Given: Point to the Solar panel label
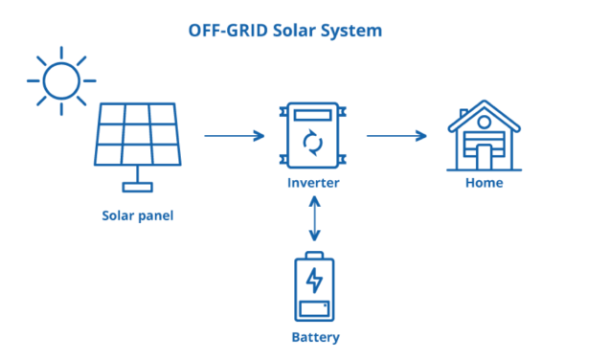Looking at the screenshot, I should [138, 214].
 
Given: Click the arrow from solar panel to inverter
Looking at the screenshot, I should [234, 136].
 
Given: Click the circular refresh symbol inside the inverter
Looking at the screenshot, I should [313, 144].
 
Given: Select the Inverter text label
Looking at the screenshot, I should [313, 182].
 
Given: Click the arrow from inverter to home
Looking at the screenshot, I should [396, 136].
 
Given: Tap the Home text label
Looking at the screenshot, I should [484, 182].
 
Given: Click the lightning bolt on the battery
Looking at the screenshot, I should [313, 281].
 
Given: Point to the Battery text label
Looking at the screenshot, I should [315, 337].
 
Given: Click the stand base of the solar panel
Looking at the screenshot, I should [140, 186].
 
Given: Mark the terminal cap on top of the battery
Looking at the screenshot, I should [313, 255].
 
